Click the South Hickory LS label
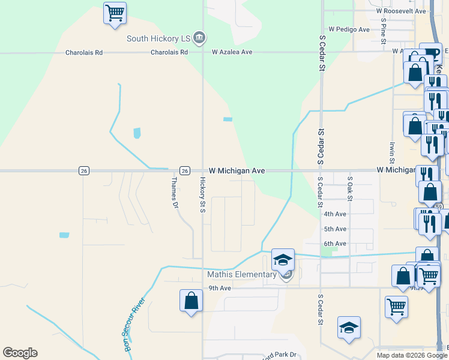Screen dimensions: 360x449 159,38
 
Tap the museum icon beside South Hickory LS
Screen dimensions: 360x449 200,38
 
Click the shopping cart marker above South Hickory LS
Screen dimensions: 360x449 115,13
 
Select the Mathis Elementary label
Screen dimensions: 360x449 241,275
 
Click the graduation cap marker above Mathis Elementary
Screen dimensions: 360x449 283,260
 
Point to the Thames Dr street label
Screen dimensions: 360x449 175,193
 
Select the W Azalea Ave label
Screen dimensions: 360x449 232,52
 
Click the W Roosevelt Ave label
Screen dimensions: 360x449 400,11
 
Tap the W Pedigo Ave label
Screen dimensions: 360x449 349,29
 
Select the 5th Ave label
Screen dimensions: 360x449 335,229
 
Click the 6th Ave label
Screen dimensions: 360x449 335,244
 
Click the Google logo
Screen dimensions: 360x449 20,353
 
